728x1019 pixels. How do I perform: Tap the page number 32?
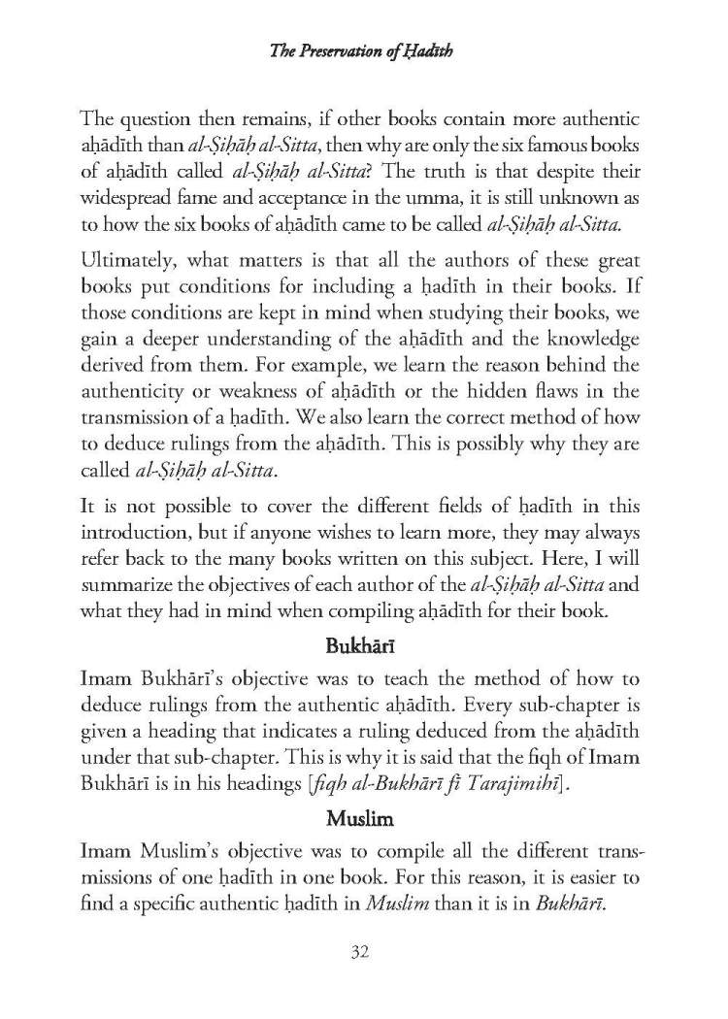click(x=363, y=951)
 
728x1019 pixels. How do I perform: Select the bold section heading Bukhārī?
click(x=364, y=645)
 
